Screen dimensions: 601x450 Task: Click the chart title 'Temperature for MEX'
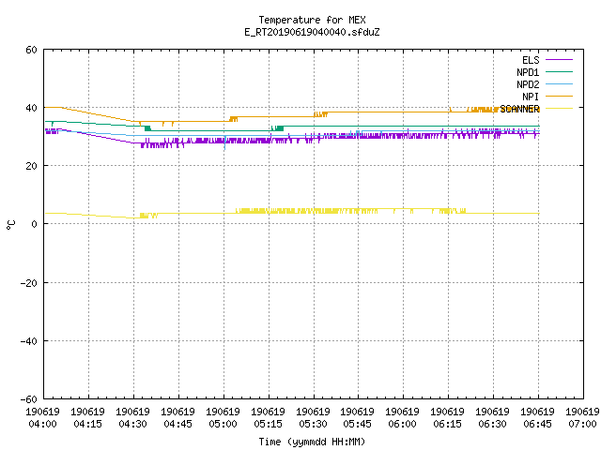coord(312,20)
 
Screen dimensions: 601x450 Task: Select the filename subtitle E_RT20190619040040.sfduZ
coord(312,32)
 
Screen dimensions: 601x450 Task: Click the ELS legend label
coord(531,60)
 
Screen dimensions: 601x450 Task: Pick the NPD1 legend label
coord(528,72)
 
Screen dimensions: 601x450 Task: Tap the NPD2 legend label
coord(528,84)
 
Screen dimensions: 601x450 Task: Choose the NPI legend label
coord(531,97)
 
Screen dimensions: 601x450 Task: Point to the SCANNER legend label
coord(519,109)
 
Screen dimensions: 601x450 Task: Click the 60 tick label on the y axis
coord(31,50)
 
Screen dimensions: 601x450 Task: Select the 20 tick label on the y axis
coord(31,166)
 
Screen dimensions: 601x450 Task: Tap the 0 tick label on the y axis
coord(34,224)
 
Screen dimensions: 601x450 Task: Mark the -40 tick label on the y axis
coord(29,341)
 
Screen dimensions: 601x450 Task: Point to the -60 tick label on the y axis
coord(29,399)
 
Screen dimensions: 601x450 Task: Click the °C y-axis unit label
coord(10,225)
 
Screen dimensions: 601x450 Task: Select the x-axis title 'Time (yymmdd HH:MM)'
coord(312,442)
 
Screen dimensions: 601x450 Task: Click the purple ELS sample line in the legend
coord(559,60)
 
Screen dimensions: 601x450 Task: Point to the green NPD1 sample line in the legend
coord(559,72)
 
